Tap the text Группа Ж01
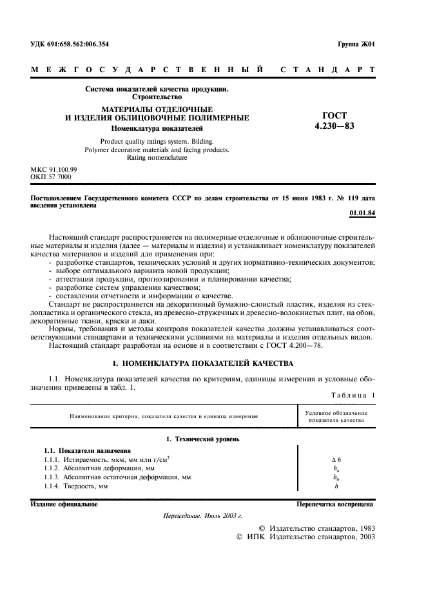(x=356, y=44)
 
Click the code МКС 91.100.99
(x=53, y=169)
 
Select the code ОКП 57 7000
(x=51, y=177)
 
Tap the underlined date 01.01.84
(x=362, y=212)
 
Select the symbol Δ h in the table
(x=336, y=459)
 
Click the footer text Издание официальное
(x=64, y=504)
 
